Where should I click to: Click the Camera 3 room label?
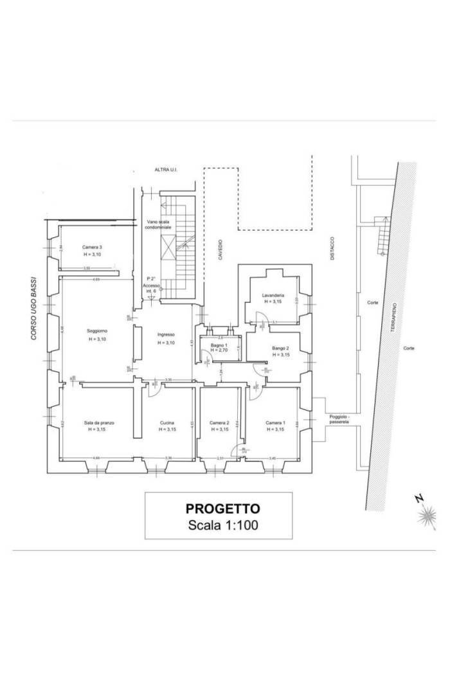(92, 248)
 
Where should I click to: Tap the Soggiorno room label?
(97, 331)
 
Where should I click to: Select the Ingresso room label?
(166, 334)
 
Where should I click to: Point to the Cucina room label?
(167, 422)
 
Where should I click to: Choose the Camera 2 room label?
(219, 422)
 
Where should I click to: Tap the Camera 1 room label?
(276, 422)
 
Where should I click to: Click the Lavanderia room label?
(273, 296)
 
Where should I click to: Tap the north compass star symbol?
(425, 515)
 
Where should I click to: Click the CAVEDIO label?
(219, 249)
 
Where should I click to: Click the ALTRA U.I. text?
(165, 170)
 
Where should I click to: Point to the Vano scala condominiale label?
(157, 224)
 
